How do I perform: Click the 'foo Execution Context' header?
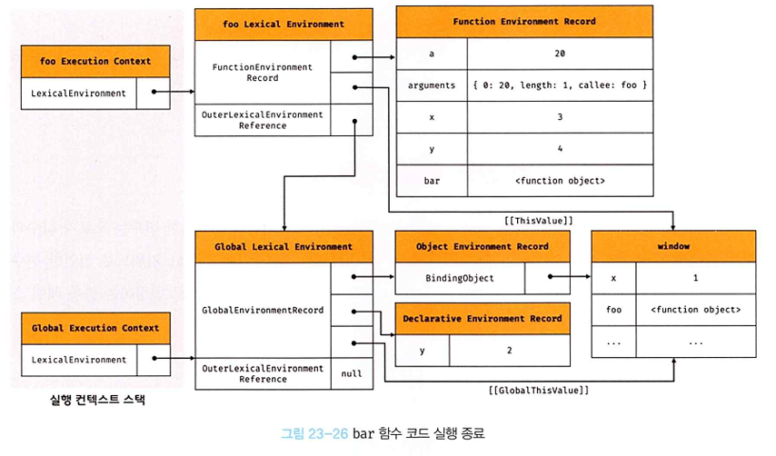point(95,62)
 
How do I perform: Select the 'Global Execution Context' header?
point(95,328)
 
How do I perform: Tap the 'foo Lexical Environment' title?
point(284,25)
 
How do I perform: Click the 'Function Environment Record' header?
point(524,22)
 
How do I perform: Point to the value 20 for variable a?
point(560,54)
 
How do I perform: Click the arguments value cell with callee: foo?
point(560,85)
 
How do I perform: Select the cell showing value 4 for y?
point(560,148)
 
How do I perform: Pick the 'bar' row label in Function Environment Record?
point(432,181)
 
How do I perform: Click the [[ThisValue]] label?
point(539,221)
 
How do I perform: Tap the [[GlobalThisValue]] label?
point(539,391)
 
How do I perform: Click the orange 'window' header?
point(673,246)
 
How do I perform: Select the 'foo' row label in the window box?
point(613,310)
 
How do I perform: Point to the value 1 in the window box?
point(696,278)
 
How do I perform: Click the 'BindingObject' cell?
point(460,278)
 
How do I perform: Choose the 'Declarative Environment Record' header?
point(483,319)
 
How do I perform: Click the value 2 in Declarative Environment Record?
point(509,350)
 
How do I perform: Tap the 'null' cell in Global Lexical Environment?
point(352,374)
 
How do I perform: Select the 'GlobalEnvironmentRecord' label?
point(263,310)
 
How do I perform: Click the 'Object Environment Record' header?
point(483,246)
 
